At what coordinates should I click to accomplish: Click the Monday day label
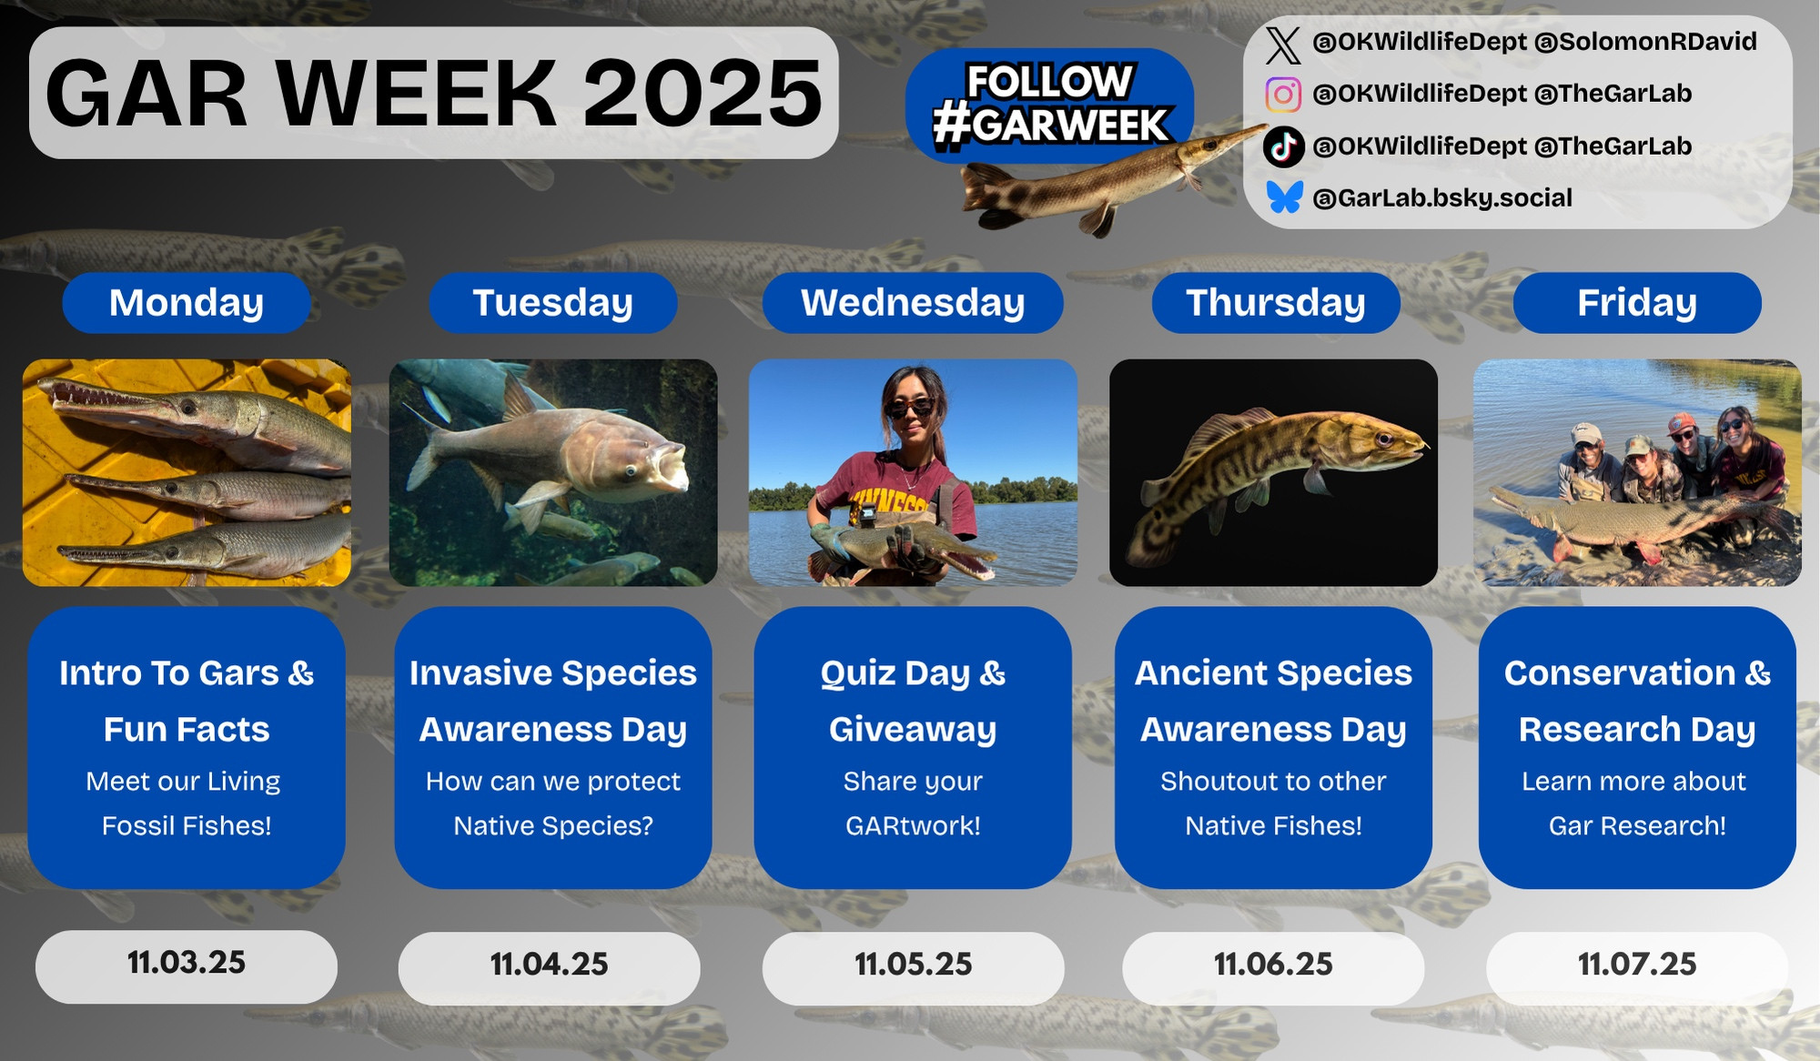tap(187, 303)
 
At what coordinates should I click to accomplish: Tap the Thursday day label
tap(1276, 303)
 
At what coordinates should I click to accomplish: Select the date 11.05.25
tap(913, 965)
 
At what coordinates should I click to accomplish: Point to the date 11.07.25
tap(1637, 965)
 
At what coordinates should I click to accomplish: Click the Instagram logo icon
tap(1283, 95)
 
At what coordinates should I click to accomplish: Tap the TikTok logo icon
tap(1283, 147)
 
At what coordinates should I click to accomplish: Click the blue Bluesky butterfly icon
tap(1284, 197)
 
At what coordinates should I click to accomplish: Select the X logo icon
tap(1283, 44)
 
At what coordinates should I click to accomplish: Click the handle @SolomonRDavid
tap(1645, 42)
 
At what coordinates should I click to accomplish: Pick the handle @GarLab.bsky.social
tap(1442, 198)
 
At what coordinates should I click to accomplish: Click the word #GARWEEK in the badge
tap(1050, 126)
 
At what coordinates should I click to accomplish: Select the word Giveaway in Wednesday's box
tap(913, 730)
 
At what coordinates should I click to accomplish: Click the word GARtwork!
tap(913, 826)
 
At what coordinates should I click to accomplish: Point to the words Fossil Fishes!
tap(187, 826)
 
